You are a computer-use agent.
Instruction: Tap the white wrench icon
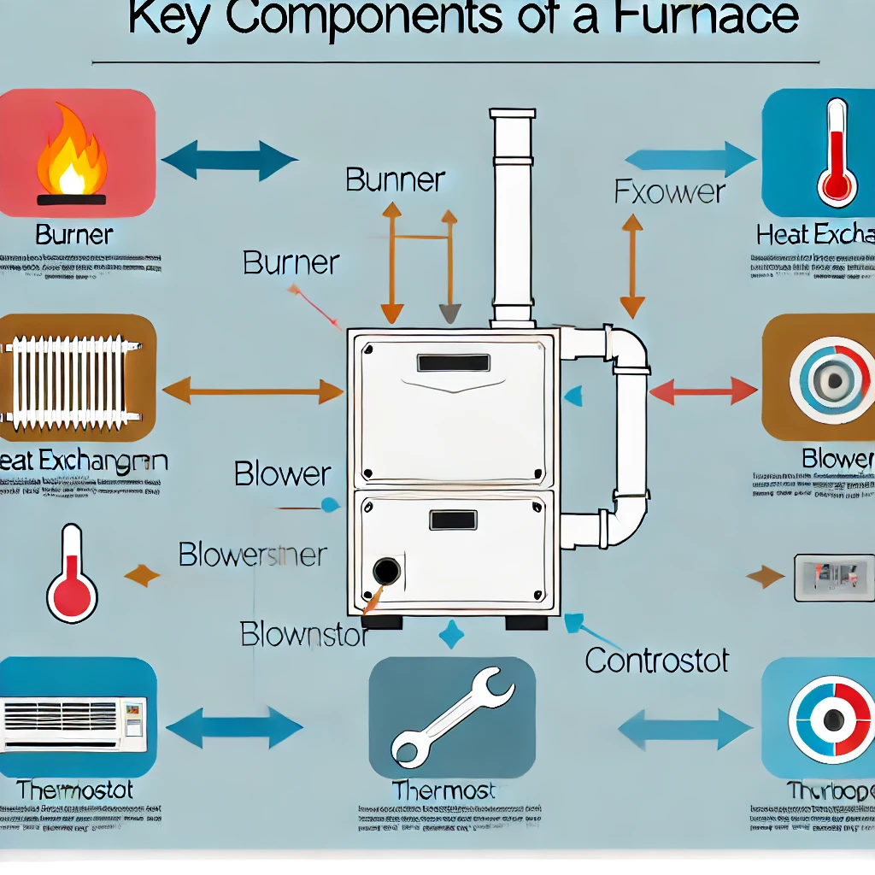(452, 714)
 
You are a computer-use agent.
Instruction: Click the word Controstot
(657, 660)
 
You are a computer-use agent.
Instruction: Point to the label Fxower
(670, 191)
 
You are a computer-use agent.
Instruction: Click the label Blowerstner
(252, 555)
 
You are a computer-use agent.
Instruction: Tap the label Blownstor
(304, 635)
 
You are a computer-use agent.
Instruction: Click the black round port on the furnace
(387, 571)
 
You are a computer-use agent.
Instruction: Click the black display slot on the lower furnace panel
(453, 520)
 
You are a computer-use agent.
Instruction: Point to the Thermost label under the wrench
(443, 790)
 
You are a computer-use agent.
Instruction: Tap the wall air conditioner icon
(73, 717)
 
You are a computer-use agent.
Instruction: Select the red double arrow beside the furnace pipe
(703, 391)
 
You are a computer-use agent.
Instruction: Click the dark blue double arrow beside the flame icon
(229, 160)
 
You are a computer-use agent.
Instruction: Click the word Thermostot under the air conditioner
(74, 790)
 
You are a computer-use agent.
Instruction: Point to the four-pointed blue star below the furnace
(451, 635)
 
